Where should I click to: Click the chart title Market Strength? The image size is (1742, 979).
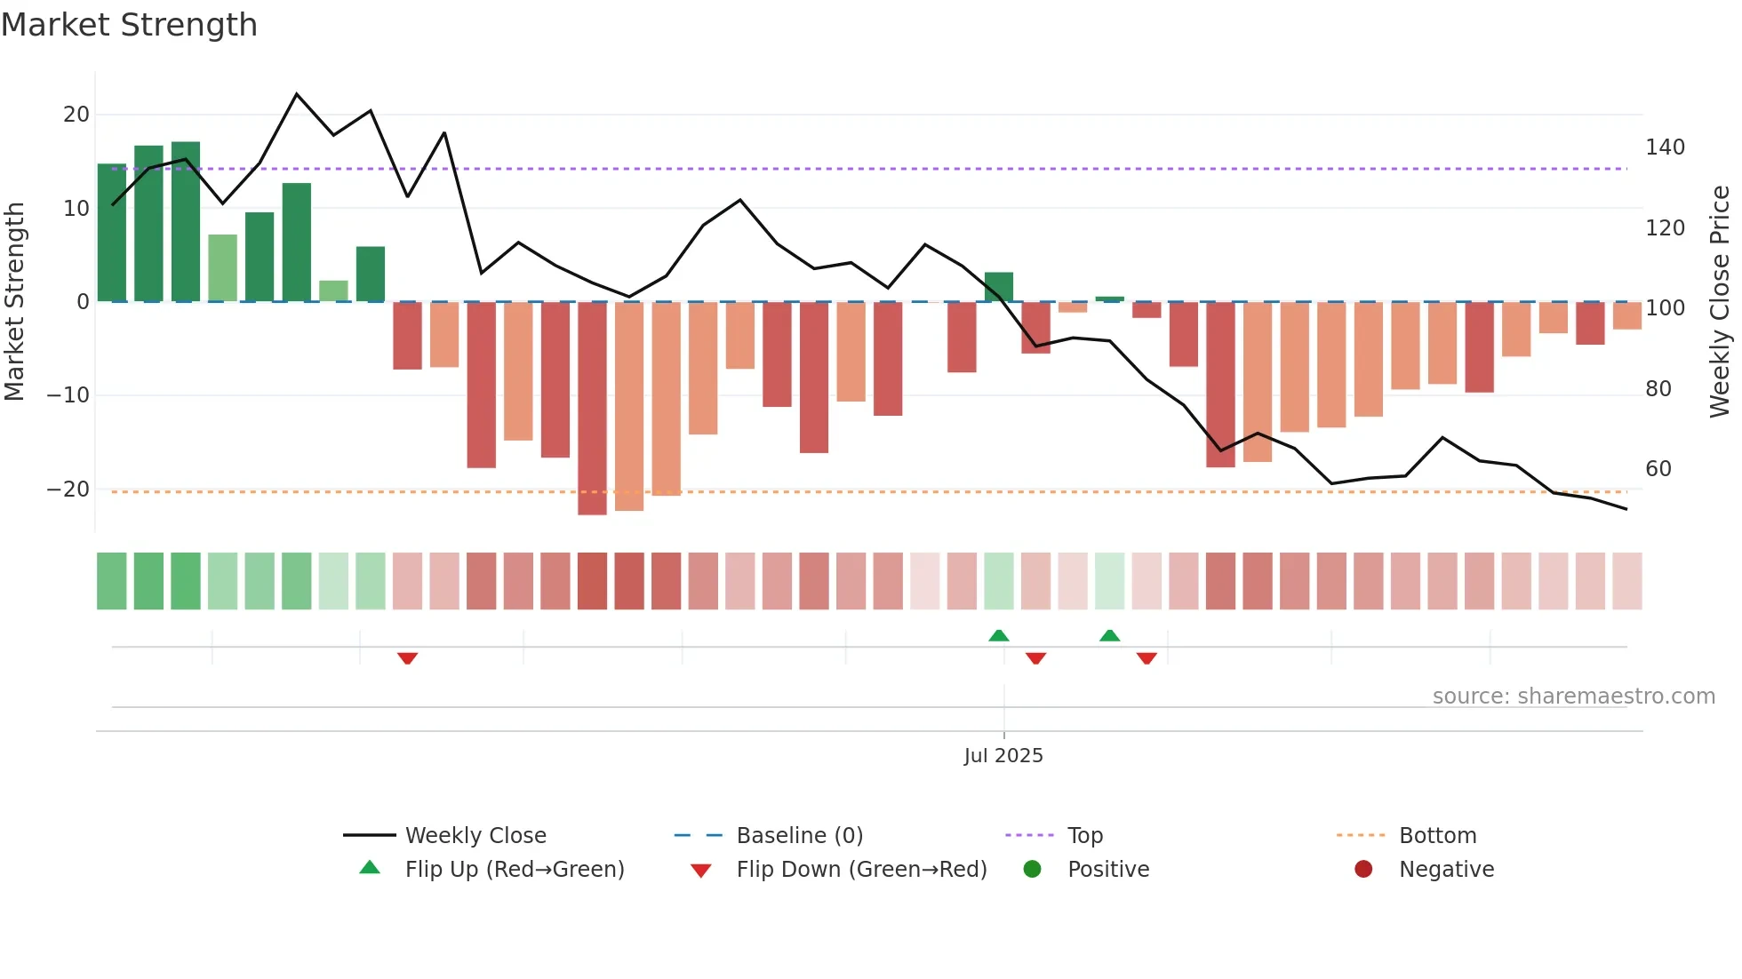(x=129, y=25)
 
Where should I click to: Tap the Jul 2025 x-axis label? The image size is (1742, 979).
(x=1003, y=756)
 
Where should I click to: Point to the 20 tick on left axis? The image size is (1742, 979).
(x=76, y=115)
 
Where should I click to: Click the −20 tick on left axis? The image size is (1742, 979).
(x=69, y=489)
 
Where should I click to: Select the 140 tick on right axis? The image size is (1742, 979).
(x=1665, y=147)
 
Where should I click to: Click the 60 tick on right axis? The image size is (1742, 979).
(x=1658, y=469)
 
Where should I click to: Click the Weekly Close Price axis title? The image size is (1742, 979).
(x=1721, y=302)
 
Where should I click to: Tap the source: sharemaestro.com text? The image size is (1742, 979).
(x=1573, y=696)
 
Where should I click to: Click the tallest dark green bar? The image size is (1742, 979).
(x=186, y=222)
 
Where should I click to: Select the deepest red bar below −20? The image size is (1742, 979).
(x=592, y=409)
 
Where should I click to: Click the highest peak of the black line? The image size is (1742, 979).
(x=297, y=94)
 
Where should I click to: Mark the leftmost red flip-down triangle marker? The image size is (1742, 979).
(x=408, y=658)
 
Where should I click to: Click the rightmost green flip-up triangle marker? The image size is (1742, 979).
(x=1109, y=635)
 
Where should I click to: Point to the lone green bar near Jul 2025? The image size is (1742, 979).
(x=999, y=287)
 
